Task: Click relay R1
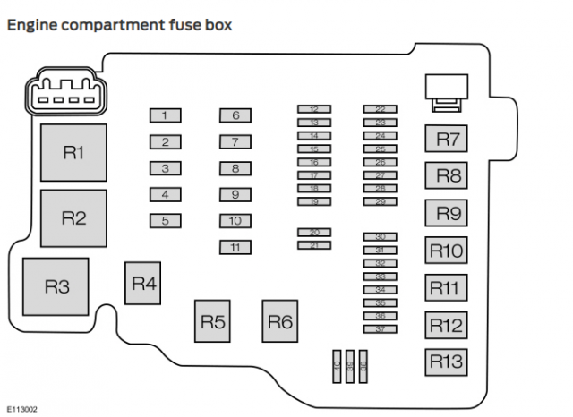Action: click(x=73, y=153)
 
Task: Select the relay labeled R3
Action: click(x=56, y=286)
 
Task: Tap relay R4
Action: click(x=143, y=284)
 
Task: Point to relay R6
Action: click(x=280, y=321)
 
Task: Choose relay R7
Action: click(x=446, y=140)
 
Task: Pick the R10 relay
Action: click(x=446, y=251)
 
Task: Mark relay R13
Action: click(x=446, y=362)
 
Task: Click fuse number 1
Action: click(x=165, y=115)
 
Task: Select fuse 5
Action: click(x=165, y=220)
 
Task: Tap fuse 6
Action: click(x=235, y=115)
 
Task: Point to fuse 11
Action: click(x=235, y=247)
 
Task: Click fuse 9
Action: click(x=235, y=194)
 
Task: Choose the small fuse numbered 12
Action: click(x=314, y=109)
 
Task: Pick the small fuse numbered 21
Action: click(x=314, y=244)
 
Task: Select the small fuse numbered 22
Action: click(x=380, y=109)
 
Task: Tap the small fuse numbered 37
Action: click(x=380, y=329)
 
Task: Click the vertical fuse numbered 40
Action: click(x=337, y=367)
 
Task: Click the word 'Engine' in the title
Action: click(x=30, y=25)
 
